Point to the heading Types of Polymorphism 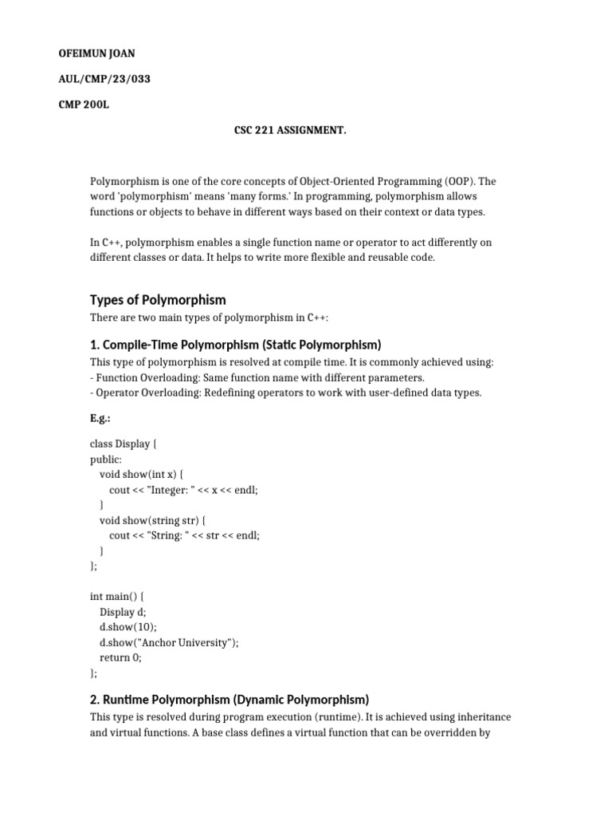click(x=158, y=300)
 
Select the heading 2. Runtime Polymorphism click(x=229, y=699)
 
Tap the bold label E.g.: click(x=100, y=417)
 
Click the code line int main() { click(x=118, y=596)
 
